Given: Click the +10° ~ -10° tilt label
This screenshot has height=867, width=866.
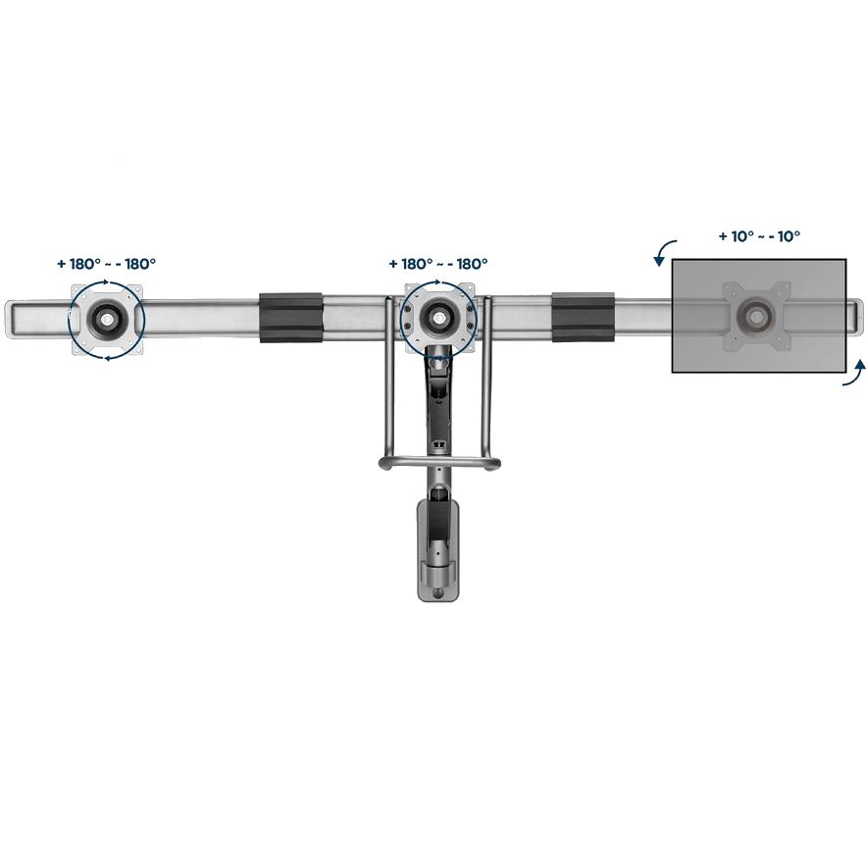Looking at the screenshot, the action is (x=759, y=236).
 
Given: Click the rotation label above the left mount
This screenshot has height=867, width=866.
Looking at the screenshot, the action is (x=106, y=264).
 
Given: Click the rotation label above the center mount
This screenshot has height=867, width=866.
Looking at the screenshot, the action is (x=438, y=264).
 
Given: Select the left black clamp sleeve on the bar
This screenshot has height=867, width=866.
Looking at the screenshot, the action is (x=290, y=318).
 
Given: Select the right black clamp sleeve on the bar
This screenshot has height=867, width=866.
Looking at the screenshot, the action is (x=583, y=318).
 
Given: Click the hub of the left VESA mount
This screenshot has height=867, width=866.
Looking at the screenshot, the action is (x=106, y=318).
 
